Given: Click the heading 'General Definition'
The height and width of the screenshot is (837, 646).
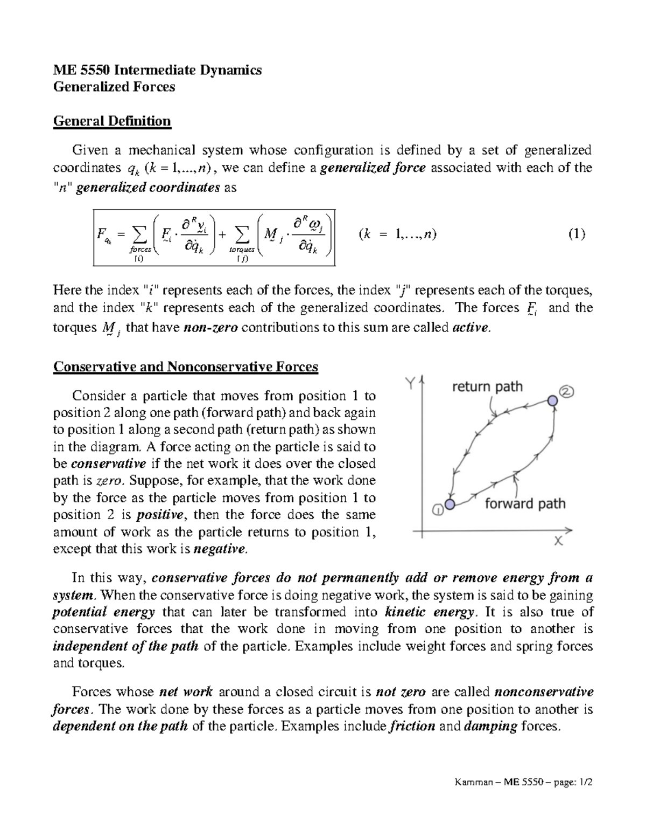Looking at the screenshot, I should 111,121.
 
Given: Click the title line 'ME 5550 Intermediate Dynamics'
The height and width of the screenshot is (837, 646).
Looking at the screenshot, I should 157,70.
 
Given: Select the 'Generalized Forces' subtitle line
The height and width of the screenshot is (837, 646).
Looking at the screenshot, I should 114,87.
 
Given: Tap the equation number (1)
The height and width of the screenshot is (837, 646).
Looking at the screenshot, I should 576,234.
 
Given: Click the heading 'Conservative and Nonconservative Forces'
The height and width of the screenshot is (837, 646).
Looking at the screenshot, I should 186,367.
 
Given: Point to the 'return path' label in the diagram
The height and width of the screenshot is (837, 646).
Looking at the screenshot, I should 487,386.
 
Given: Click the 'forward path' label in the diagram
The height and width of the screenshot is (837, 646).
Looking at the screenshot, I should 525,503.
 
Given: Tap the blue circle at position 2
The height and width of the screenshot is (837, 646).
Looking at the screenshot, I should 552,400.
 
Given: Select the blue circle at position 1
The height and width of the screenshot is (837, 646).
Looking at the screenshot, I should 450,504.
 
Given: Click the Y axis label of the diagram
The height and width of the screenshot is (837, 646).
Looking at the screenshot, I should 411,383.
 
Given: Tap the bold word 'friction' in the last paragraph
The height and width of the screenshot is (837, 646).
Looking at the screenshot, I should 411,726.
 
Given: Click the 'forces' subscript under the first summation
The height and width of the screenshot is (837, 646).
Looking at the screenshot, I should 139,250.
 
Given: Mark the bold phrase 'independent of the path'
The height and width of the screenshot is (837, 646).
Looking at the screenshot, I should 126,646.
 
